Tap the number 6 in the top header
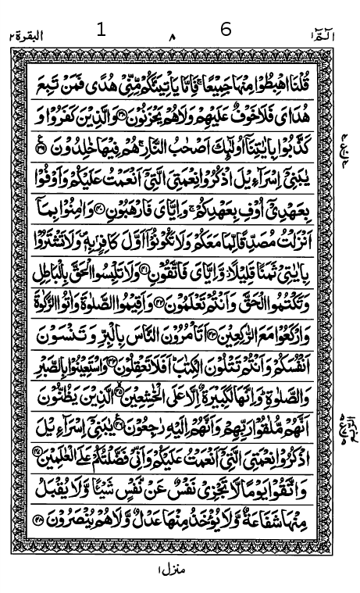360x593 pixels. coord(226,29)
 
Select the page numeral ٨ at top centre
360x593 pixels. coord(173,37)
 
